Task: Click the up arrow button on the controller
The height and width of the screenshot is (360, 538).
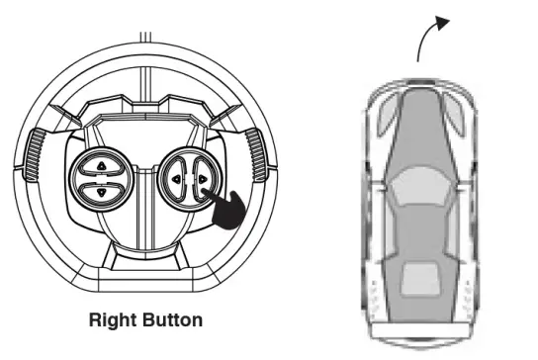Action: pyautogui.click(x=101, y=167)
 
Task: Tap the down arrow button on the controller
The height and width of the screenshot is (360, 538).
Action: pyautogui.click(x=101, y=193)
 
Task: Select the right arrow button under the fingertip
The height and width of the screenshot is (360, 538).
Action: pyautogui.click(x=203, y=179)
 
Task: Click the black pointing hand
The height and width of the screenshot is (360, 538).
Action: pyautogui.click(x=225, y=209)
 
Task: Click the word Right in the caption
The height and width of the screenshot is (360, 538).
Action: pyautogui.click(x=113, y=319)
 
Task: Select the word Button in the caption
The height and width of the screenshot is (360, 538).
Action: pyautogui.click(x=172, y=319)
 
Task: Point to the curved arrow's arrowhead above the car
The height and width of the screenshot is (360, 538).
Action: pyautogui.click(x=442, y=23)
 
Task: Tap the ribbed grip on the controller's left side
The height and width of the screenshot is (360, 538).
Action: pyautogui.click(x=35, y=154)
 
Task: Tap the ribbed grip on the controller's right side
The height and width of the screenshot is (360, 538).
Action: pyautogui.click(x=257, y=154)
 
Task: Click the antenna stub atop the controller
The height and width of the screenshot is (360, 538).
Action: pyautogui.click(x=145, y=37)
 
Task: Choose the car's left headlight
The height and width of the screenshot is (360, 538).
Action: pyautogui.click(x=387, y=114)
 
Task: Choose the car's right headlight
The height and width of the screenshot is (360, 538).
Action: pyautogui.click(x=455, y=114)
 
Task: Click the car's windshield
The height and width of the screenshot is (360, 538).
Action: pyautogui.click(x=421, y=186)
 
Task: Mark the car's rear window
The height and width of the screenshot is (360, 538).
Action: pyautogui.click(x=420, y=278)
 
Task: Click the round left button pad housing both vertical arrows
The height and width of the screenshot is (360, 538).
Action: pyautogui.click(x=101, y=179)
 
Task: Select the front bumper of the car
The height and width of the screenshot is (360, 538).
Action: pyautogui.click(x=420, y=83)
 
